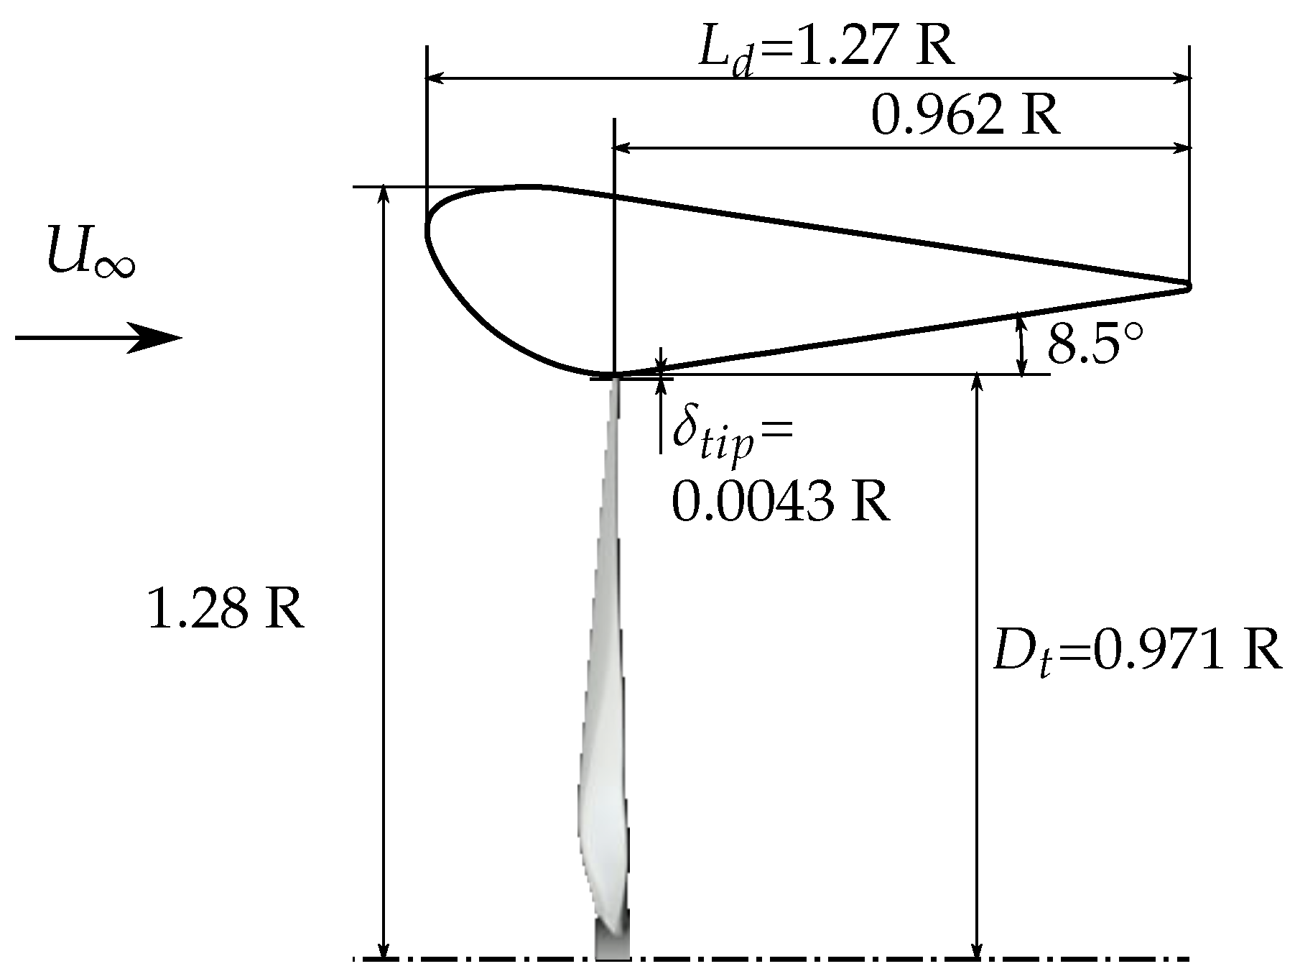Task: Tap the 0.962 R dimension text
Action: [965, 116]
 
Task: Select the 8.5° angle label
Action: [1092, 344]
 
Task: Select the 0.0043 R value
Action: [780, 500]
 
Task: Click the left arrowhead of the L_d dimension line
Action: [435, 77]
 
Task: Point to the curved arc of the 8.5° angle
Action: [1020, 345]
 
